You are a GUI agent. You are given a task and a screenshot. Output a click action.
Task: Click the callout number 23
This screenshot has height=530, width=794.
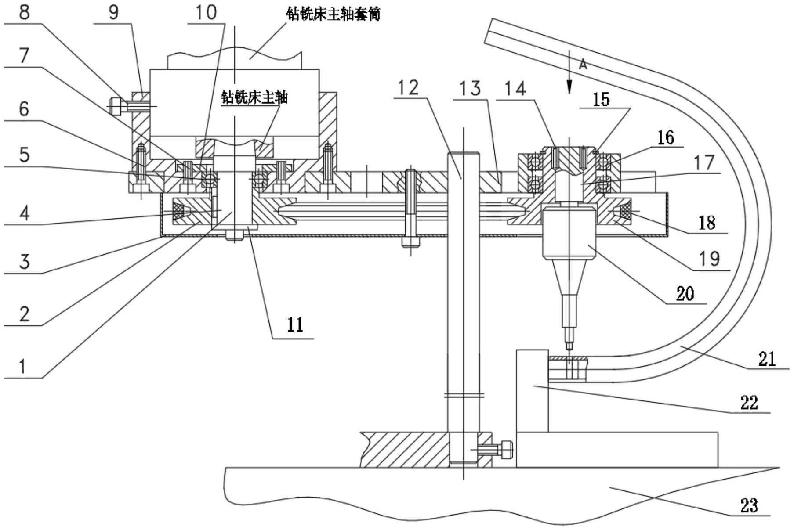(749, 505)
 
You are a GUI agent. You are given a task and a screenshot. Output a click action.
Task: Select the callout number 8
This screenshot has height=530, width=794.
(24, 12)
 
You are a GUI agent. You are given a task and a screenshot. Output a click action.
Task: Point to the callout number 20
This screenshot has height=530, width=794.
(685, 292)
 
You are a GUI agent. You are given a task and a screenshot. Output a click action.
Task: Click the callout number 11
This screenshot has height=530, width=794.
(295, 325)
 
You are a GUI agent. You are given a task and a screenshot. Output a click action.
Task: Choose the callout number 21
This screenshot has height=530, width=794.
(767, 359)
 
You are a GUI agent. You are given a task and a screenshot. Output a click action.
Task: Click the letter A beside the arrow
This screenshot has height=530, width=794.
(583, 65)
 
